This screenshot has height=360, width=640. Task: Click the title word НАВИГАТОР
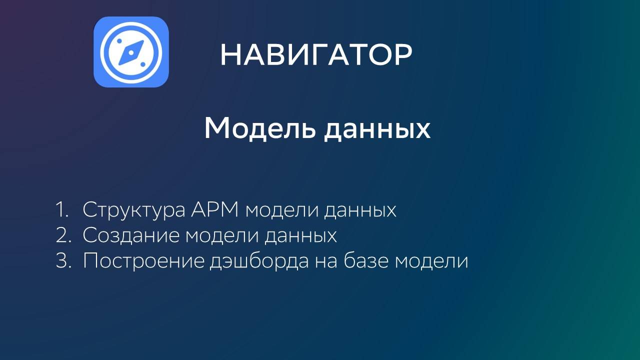(316, 54)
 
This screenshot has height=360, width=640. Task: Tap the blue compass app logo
(131, 52)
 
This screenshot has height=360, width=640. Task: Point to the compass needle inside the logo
(131, 52)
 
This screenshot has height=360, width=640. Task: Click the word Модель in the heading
(259, 129)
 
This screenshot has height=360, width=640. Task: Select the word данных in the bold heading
(376, 129)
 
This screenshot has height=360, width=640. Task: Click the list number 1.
(62, 210)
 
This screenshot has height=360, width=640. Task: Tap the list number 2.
(63, 235)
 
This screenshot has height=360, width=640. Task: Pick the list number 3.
(63, 261)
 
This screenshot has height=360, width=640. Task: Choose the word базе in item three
(367, 261)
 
